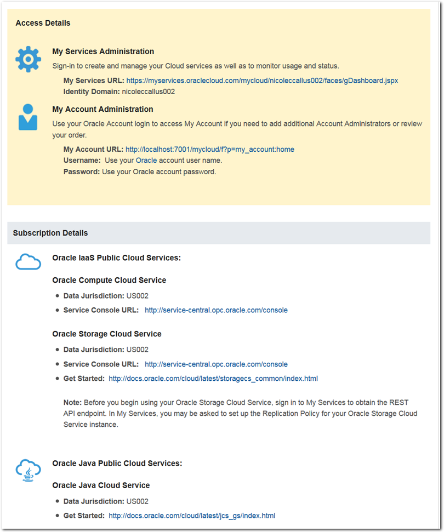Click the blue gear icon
pyautogui.click(x=28, y=59)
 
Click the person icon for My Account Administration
pyautogui.click(x=28, y=117)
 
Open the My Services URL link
pyautogui.click(x=262, y=81)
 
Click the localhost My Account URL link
pyautogui.click(x=210, y=150)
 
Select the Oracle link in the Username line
pyautogui.click(x=146, y=161)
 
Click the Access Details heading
pyautogui.click(x=43, y=23)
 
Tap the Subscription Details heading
pyautogui.click(x=50, y=233)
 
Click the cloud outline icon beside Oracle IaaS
pyautogui.click(x=28, y=262)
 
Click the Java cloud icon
pyautogui.click(x=28, y=469)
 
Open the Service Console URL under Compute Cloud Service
pyautogui.click(x=216, y=310)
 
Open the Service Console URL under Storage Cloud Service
pyautogui.click(x=216, y=364)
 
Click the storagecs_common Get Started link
pyautogui.click(x=213, y=379)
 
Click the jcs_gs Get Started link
pyautogui.click(x=192, y=516)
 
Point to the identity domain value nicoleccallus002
pyautogui.click(x=148, y=91)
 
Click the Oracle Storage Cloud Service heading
pyautogui.click(x=107, y=334)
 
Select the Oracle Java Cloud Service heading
pyautogui.click(x=101, y=485)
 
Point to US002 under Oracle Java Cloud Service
pyautogui.click(x=137, y=501)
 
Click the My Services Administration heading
pyautogui.click(x=103, y=52)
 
